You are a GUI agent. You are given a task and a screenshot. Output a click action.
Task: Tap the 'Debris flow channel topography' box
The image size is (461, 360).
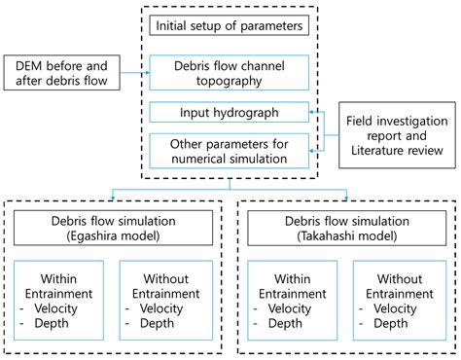(x=229, y=71)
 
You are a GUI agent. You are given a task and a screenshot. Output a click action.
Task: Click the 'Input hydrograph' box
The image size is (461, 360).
(x=229, y=112)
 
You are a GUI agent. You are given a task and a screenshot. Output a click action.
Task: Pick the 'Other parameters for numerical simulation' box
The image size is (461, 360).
(x=229, y=150)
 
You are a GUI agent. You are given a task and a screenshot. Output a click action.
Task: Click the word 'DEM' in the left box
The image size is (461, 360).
(x=29, y=62)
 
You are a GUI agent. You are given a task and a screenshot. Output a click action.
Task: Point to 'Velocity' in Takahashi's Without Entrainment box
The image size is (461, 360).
(x=400, y=308)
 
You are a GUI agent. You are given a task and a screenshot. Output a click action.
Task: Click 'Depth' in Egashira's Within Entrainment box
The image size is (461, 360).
(x=60, y=323)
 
